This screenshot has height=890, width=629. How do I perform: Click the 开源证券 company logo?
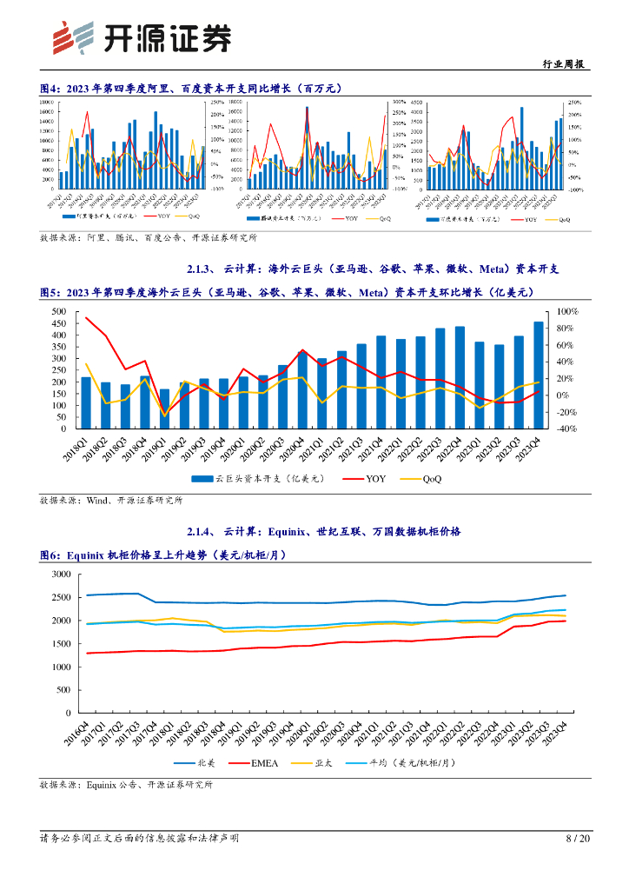pos(142,37)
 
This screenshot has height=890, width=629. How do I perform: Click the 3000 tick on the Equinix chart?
pos(60,575)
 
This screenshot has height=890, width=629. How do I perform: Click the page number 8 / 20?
pos(578,839)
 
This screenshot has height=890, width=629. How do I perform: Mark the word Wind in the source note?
pos(97,501)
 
